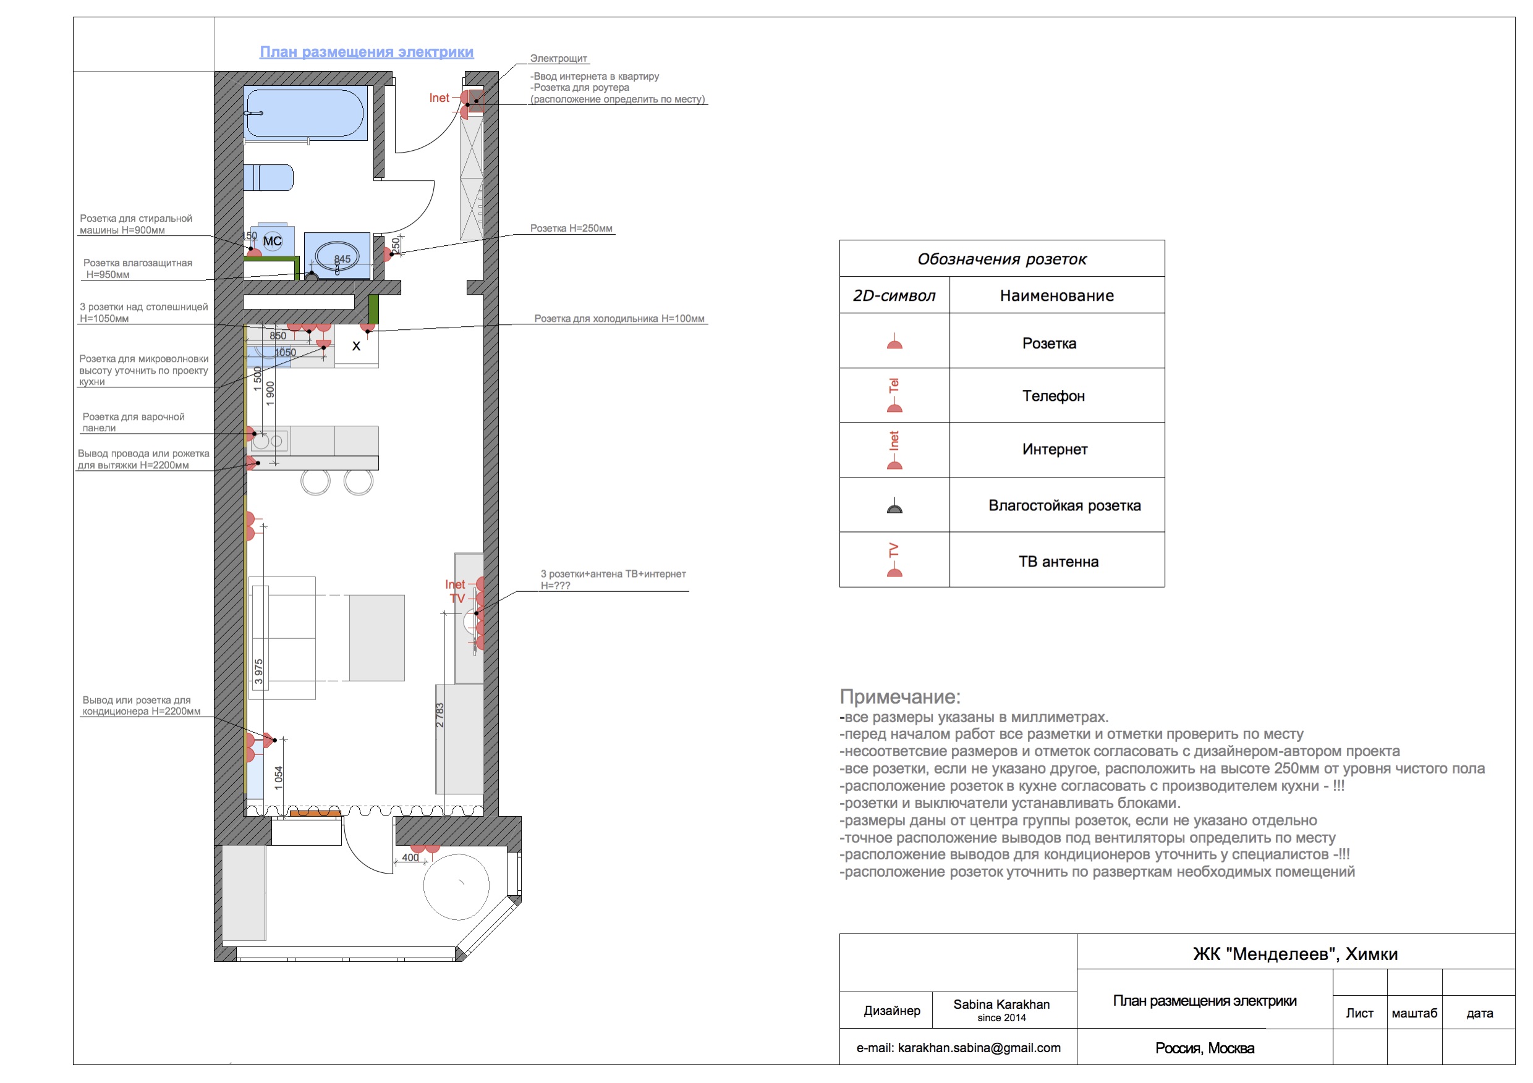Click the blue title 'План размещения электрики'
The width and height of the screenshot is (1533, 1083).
pyautogui.click(x=366, y=52)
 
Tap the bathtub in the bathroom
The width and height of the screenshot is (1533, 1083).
pyautogui.click(x=305, y=114)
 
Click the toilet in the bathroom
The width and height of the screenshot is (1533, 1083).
pyautogui.click(x=268, y=177)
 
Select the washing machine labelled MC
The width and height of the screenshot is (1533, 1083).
pyautogui.click(x=273, y=241)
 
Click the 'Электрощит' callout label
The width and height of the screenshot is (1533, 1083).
pyautogui.click(x=558, y=59)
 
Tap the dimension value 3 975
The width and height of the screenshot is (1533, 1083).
pyautogui.click(x=259, y=672)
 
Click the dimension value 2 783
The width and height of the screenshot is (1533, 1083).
pyautogui.click(x=440, y=715)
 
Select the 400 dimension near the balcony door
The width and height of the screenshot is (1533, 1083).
pyautogui.click(x=410, y=858)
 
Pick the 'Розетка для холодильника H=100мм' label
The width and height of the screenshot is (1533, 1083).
pyautogui.click(x=619, y=319)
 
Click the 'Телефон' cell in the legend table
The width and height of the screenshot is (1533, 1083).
pyautogui.click(x=1053, y=397)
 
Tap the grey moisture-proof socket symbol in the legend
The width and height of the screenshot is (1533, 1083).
pyautogui.click(x=894, y=507)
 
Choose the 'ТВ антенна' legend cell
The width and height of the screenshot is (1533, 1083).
pyautogui.click(x=1058, y=562)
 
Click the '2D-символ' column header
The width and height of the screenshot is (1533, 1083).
pyautogui.click(x=894, y=295)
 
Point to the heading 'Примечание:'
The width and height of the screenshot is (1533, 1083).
pyautogui.click(x=899, y=697)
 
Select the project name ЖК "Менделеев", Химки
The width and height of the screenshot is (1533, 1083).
pyautogui.click(x=1294, y=954)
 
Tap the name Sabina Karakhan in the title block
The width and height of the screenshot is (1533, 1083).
pyautogui.click(x=1001, y=1005)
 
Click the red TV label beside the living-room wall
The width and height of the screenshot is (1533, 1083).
pyautogui.click(x=457, y=599)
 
